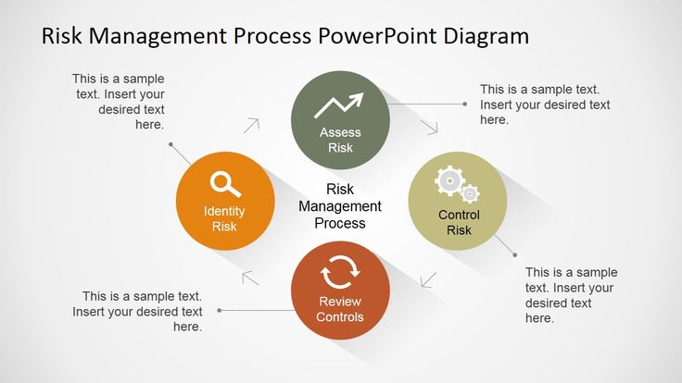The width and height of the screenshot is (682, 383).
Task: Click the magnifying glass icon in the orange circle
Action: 224,184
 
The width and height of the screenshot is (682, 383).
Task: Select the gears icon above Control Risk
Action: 457,184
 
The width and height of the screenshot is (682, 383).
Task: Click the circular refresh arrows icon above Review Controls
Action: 339,275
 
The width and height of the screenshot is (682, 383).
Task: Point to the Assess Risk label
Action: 340,140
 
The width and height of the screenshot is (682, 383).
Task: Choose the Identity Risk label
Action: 224,218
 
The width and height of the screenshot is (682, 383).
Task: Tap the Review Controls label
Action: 340,309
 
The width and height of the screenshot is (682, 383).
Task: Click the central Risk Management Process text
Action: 340,205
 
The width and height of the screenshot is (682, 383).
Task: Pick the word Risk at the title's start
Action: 63,37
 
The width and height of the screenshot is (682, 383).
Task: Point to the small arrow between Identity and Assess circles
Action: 252,124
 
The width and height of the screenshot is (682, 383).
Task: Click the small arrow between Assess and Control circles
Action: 429,128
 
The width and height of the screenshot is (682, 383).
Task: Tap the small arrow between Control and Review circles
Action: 427,279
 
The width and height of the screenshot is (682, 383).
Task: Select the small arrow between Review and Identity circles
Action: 251,277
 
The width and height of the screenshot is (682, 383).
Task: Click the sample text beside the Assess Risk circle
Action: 544,105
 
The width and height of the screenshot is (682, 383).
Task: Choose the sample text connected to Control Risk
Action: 571,294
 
